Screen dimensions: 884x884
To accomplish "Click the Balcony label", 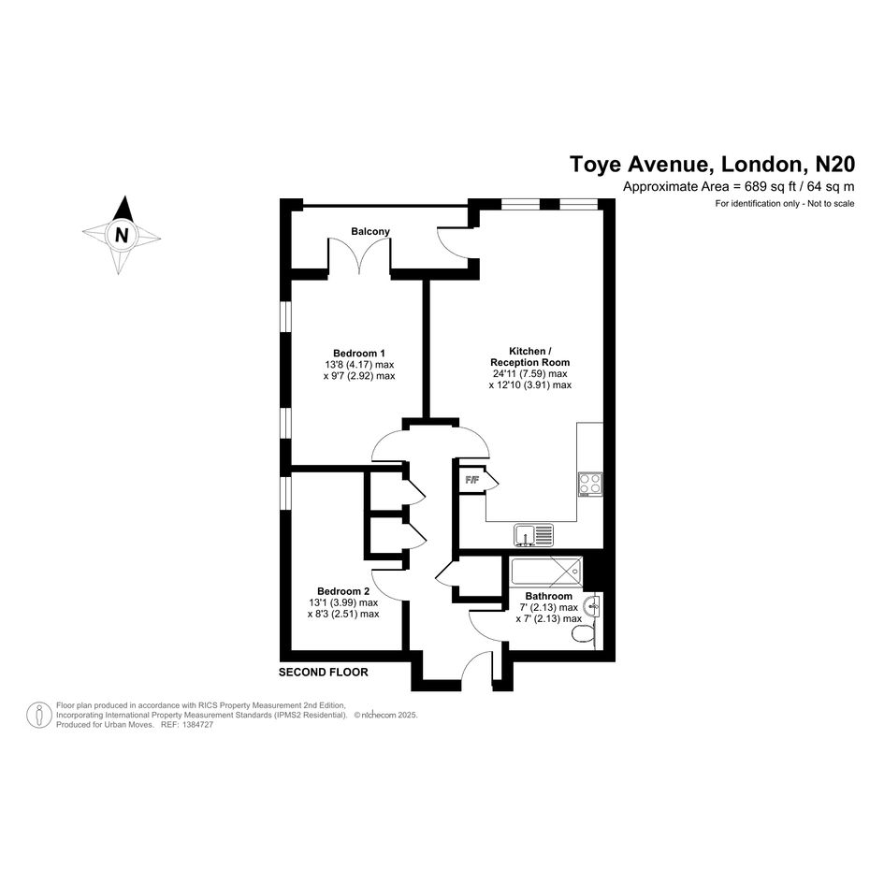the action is coord(370,231).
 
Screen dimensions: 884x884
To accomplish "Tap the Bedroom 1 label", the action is coord(359,354).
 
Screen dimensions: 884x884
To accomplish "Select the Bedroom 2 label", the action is coord(343,591).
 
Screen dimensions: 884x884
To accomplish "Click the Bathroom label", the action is coord(548,596).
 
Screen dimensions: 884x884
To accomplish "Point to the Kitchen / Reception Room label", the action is coord(530,356).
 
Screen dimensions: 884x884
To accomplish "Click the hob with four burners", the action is coord(590,484).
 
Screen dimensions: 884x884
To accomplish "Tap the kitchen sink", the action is coord(533,535).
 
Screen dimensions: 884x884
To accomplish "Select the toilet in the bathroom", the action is coord(584,635).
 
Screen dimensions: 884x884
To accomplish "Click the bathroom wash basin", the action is coord(592,606).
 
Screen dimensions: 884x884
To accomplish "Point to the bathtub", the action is coord(545,572).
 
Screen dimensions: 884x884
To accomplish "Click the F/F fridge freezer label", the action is coord(471,480).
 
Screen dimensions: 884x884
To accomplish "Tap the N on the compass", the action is coord(122,235).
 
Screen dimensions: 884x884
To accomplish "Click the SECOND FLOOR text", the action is coord(323,672).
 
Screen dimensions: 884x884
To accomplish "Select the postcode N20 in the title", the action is coord(836,164).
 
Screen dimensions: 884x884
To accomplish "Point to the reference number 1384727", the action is coord(196,725).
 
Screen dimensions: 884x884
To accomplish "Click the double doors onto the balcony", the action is coord(359,257).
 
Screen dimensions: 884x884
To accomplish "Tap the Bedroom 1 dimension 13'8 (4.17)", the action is coord(348,365).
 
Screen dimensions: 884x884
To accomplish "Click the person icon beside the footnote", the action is coord(39,715).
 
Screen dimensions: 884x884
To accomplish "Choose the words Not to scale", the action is coord(831,204).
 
